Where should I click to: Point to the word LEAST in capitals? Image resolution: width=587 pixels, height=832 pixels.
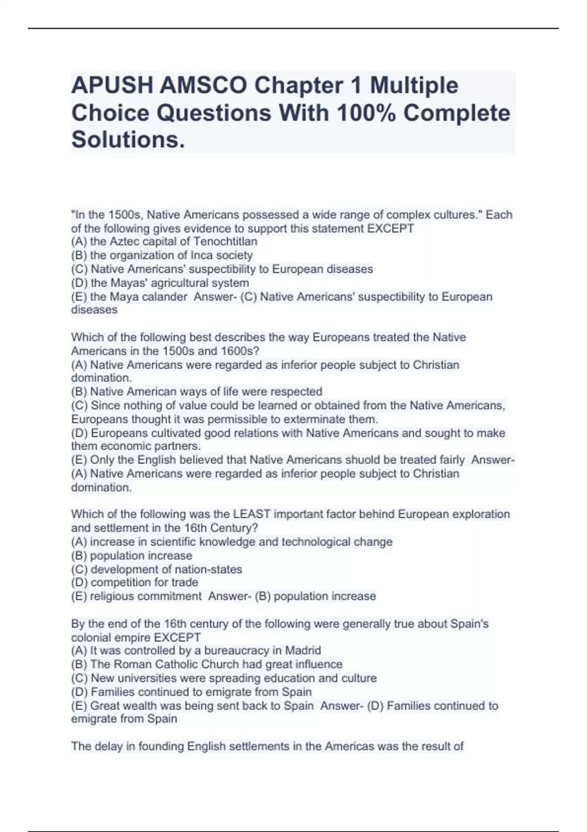point(251,514)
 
